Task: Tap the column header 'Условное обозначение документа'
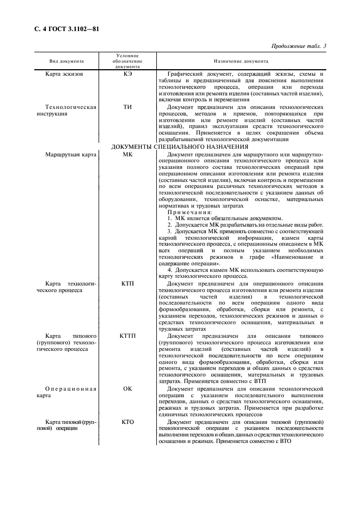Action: click(x=128, y=62)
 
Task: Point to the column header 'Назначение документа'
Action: click(x=237, y=62)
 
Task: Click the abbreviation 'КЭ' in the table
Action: click(x=128, y=74)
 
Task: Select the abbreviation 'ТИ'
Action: click(x=128, y=107)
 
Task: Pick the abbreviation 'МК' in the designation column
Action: click(x=128, y=155)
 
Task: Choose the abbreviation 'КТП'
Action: click(x=128, y=284)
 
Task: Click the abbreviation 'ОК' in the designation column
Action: click(x=128, y=388)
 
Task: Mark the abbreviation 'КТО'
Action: click(x=128, y=422)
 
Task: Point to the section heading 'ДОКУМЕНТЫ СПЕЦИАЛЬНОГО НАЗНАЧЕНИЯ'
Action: click(x=180, y=147)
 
